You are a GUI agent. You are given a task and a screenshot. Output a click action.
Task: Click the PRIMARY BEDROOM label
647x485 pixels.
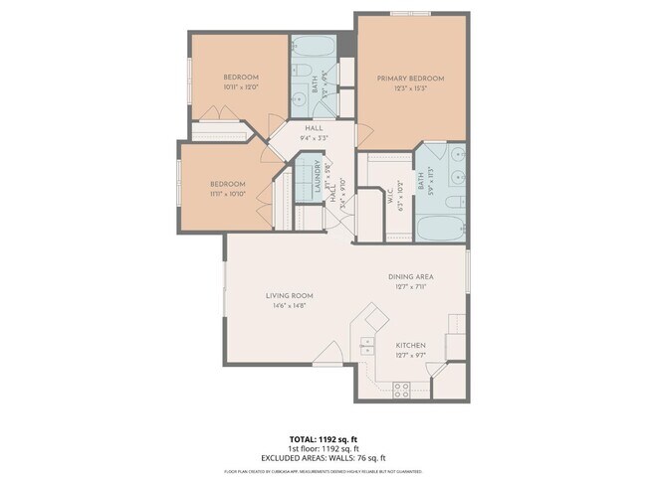click(x=411, y=78)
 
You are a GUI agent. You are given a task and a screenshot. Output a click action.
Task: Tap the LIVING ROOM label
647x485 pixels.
click(x=290, y=295)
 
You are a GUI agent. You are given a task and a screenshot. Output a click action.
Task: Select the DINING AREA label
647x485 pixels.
click(x=411, y=276)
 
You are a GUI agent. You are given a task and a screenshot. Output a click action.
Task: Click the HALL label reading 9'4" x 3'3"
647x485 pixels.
click(x=315, y=128)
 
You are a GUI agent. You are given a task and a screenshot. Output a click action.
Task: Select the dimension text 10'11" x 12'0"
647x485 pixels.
click(x=241, y=87)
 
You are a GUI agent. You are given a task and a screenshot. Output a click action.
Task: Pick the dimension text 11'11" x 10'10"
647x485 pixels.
click(x=227, y=194)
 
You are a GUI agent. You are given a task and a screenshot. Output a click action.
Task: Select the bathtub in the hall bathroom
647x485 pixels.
click(x=314, y=48)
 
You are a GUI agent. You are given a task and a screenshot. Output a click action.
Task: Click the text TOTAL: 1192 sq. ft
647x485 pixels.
click(x=323, y=437)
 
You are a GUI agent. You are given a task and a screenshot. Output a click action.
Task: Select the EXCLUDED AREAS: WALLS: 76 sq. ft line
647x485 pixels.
click(x=323, y=457)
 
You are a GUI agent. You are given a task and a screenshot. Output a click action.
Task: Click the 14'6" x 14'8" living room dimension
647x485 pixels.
click(x=290, y=305)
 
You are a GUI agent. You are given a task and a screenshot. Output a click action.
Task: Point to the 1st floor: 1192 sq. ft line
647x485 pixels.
click(x=323, y=447)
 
